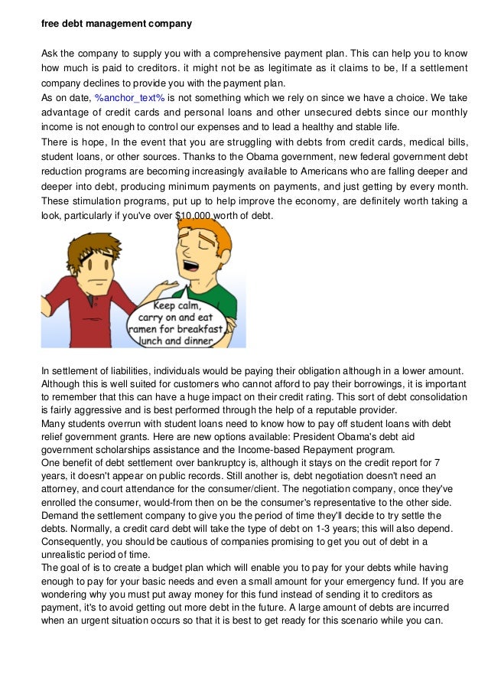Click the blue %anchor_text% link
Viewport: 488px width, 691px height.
[x=129, y=99]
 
